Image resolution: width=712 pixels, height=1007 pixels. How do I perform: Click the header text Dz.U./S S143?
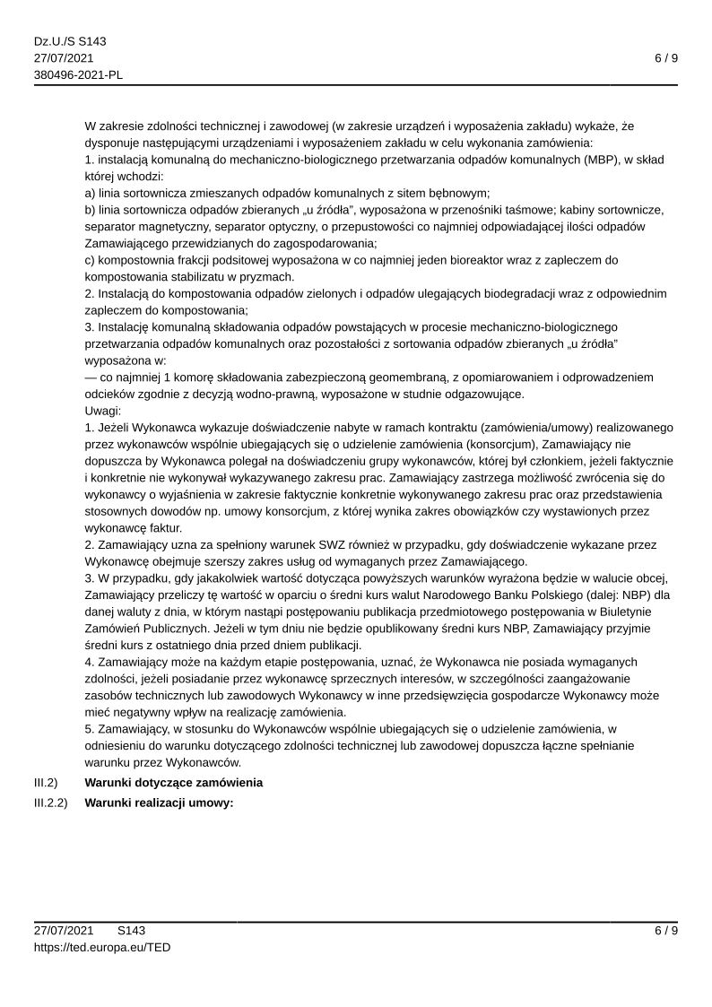tap(70, 42)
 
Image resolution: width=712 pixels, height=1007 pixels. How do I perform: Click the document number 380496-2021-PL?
tap(79, 74)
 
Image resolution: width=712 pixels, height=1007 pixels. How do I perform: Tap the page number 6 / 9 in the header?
tap(665, 58)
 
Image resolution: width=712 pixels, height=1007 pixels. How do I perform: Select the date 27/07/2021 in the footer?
tap(64, 930)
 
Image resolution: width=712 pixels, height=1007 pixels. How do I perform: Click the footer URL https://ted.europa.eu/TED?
tap(102, 946)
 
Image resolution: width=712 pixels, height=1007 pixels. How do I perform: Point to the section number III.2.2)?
tap(51, 803)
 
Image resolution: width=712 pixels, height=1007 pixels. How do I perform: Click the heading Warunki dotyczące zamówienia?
tap(173, 782)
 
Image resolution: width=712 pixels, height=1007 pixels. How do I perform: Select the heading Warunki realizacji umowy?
tap(159, 803)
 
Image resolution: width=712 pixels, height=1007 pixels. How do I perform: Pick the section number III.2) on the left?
tap(46, 782)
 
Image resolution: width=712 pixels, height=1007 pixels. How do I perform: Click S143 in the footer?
tap(131, 930)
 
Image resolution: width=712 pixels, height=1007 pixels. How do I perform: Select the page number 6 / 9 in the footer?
tap(665, 930)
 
